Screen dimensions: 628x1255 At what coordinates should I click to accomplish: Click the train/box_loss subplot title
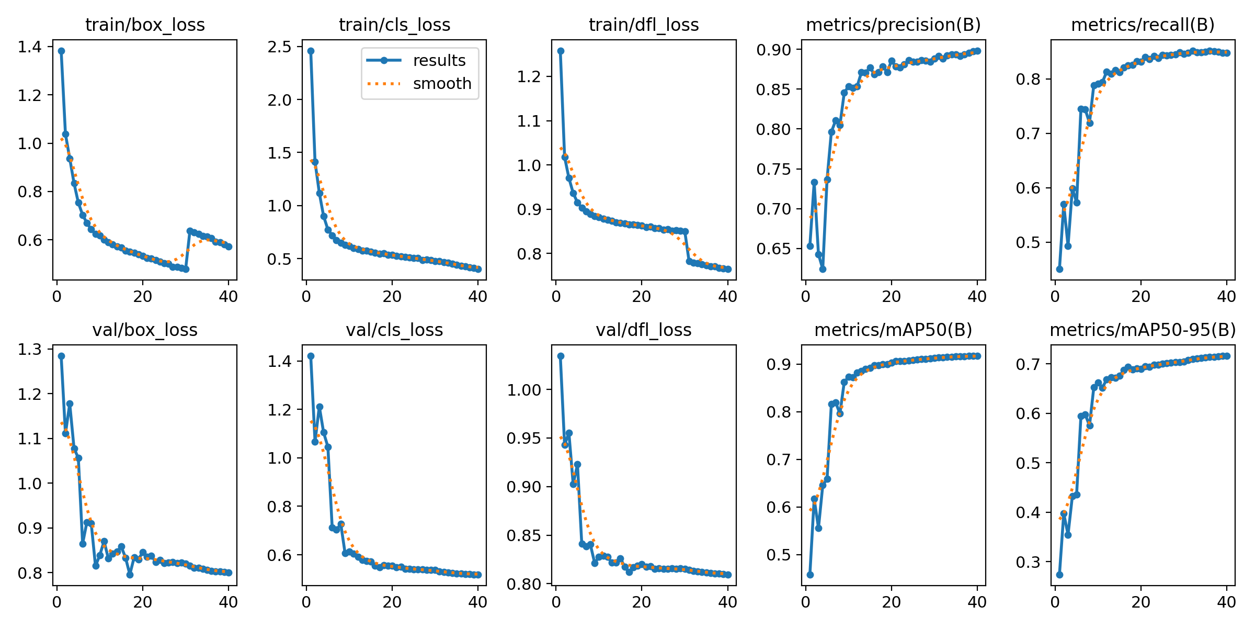click(x=145, y=25)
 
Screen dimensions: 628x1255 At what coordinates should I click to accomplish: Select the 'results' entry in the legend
click(x=439, y=61)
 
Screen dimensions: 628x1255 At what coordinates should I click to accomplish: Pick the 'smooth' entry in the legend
click(x=442, y=84)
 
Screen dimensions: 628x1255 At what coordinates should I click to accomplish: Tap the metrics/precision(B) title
click(x=893, y=25)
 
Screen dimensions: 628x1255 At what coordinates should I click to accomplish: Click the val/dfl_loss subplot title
click(x=644, y=330)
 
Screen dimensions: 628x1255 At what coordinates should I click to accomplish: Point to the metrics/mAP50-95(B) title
click(x=1143, y=330)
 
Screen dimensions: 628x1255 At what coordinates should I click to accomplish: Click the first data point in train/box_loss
click(x=61, y=51)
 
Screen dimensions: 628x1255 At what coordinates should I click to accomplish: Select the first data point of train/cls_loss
click(x=311, y=51)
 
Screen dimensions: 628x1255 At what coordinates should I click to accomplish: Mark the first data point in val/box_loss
click(x=61, y=356)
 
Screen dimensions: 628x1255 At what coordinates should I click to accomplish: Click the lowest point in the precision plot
click(x=823, y=269)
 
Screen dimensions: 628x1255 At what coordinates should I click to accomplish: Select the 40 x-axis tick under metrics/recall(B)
click(x=1226, y=297)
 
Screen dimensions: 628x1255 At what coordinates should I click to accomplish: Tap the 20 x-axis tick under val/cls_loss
click(x=392, y=602)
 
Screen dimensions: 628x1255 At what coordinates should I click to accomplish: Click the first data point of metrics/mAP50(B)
click(x=810, y=575)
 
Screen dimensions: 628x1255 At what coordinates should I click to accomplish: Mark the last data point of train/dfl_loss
click(x=728, y=269)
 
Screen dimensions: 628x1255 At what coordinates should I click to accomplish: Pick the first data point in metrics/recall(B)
click(x=1059, y=269)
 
